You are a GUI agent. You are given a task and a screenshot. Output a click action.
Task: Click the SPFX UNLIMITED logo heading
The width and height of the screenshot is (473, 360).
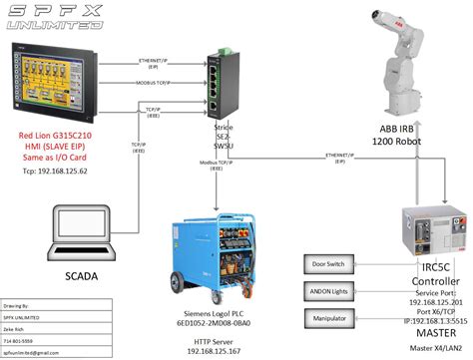coord(64,17)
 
